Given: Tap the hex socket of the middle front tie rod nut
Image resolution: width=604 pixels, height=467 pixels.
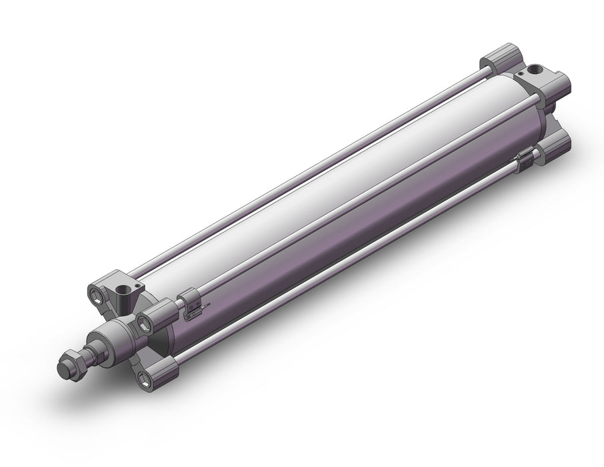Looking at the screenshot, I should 145,323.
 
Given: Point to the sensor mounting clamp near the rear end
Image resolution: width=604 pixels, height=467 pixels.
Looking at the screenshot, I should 526,157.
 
